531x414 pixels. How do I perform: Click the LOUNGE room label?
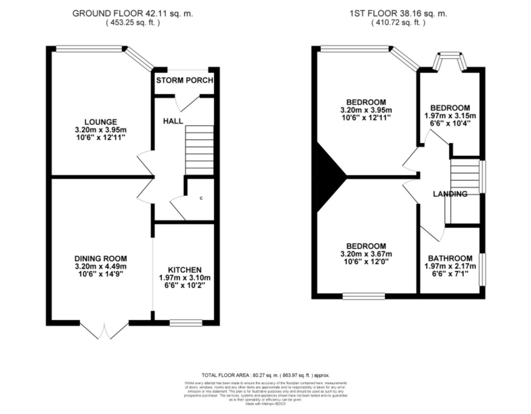coord(101,122)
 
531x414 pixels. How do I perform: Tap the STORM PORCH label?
coord(184,80)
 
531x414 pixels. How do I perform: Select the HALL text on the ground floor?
coord(173,121)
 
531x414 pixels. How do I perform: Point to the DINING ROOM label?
coord(100,259)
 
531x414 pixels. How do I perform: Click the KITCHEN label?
coord(184,270)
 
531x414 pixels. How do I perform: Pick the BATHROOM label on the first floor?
coord(450,258)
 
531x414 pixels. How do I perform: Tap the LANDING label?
coord(450,194)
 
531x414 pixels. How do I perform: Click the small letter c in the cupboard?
coord(201,198)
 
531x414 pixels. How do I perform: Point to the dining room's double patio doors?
coord(105,330)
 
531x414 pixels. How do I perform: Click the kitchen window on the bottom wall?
coord(186,323)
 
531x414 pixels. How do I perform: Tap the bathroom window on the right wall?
coord(483,269)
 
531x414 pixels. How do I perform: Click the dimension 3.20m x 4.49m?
coord(100,266)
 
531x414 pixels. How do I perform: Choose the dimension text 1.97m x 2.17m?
coord(450,266)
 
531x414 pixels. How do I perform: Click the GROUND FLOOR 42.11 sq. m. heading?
coord(133,13)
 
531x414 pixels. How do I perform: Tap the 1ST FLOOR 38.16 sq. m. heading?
coord(398,13)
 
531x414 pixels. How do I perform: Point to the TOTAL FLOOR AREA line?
coord(265,375)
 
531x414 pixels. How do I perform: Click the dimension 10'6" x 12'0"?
coord(366,261)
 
